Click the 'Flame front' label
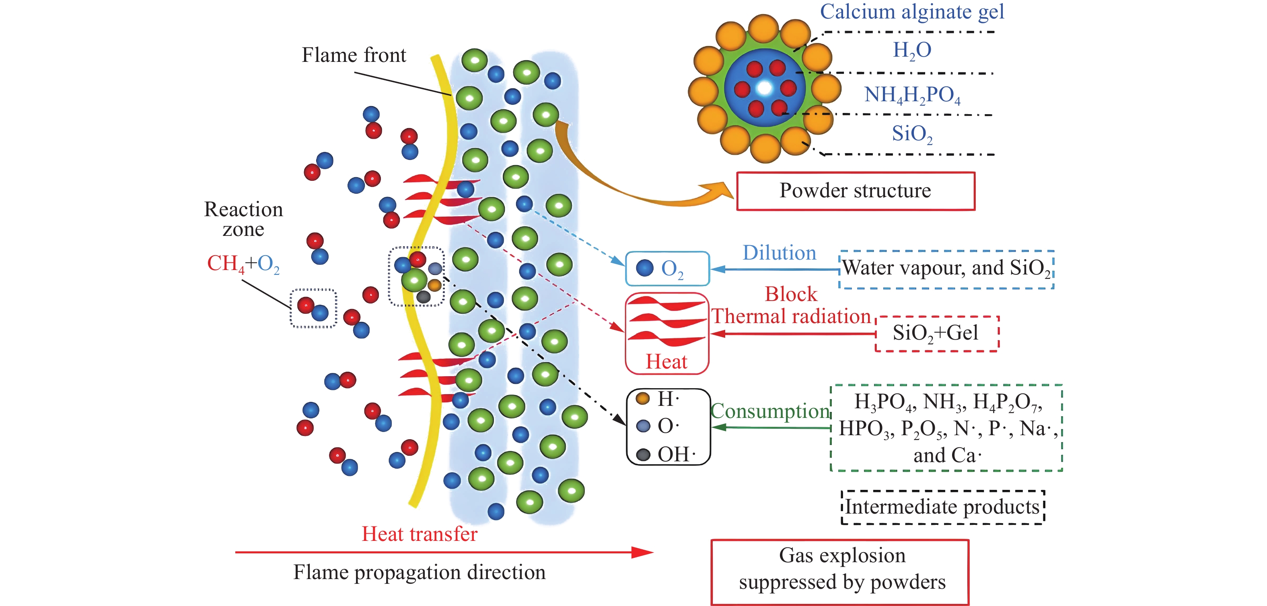(354, 55)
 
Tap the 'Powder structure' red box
(855, 191)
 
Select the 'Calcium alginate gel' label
(911, 12)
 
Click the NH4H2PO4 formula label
(912, 95)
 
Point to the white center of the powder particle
(764, 88)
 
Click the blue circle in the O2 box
(644, 268)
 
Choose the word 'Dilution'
(779, 253)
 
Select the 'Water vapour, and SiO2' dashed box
(946, 269)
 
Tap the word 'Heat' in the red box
(666, 362)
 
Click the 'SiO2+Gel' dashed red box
(936, 333)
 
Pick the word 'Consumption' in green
(770, 411)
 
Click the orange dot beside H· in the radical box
(643, 398)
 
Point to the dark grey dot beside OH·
(643, 454)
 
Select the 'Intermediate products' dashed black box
(942, 507)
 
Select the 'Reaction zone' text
(243, 219)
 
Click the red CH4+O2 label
(243, 264)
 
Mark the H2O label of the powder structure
(912, 50)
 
